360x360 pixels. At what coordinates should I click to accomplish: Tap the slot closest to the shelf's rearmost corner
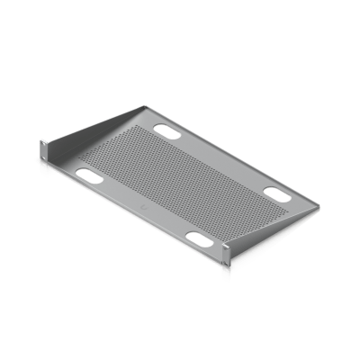tap(168, 130)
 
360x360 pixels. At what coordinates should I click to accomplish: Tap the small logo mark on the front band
tap(144, 205)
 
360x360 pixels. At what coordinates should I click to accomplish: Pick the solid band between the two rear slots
tap(221, 160)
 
